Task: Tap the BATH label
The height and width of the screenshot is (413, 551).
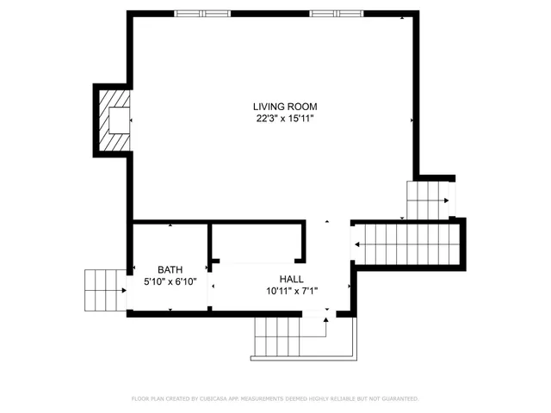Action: pyautogui.click(x=170, y=269)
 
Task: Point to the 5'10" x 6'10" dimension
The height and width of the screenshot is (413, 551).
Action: pyautogui.click(x=170, y=281)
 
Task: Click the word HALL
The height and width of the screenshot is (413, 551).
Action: pyautogui.click(x=291, y=279)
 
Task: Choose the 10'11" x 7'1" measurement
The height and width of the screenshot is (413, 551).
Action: pyautogui.click(x=291, y=291)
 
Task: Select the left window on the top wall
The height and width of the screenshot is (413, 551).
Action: pyautogui.click(x=202, y=13)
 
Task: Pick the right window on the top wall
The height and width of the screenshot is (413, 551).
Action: pyautogui.click(x=337, y=13)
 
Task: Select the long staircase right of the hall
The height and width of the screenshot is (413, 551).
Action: pyautogui.click(x=405, y=243)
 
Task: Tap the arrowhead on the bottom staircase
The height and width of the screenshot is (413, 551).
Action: pyautogui.click(x=325, y=320)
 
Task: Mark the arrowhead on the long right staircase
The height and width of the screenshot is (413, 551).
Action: pyautogui.click(x=356, y=243)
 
